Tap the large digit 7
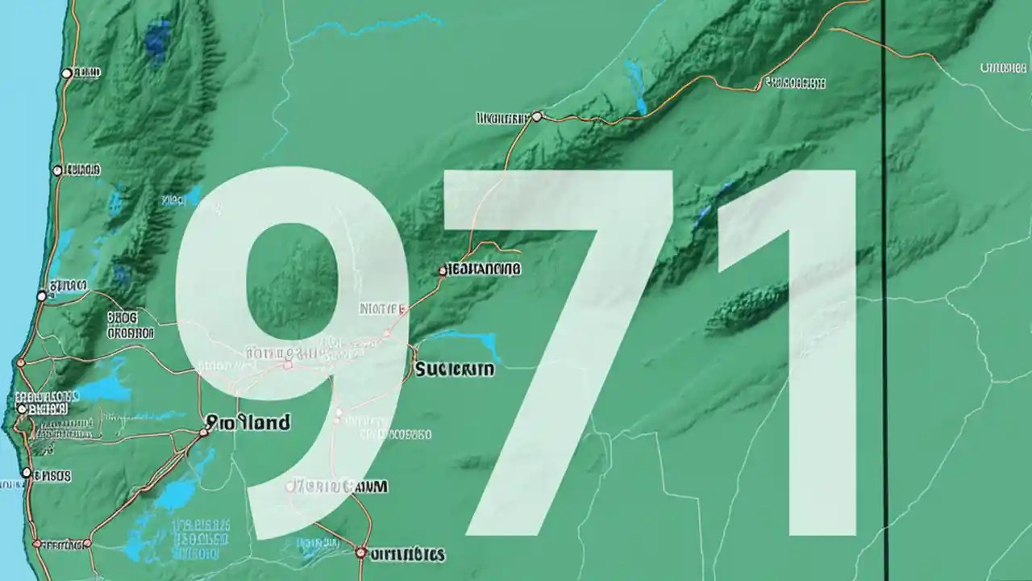564,323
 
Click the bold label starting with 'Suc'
454,370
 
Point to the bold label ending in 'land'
249,422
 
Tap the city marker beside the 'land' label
204,432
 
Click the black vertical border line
884,323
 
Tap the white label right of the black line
1002,68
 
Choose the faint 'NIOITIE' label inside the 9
381,307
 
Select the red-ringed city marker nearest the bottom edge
360,553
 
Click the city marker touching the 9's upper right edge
443,271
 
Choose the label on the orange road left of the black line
795,82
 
